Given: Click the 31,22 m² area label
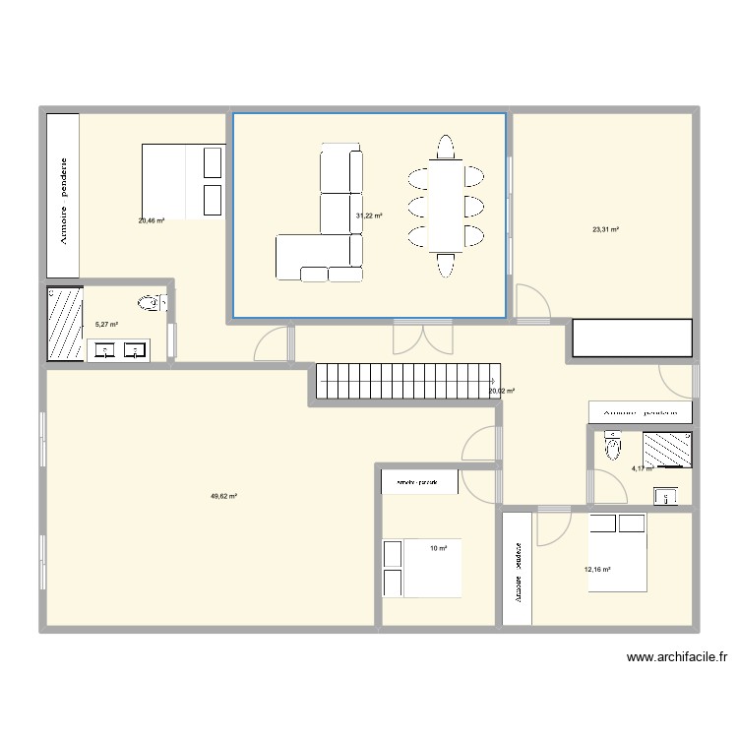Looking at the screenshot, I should point(368,215).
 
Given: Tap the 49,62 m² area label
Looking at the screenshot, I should point(223,497).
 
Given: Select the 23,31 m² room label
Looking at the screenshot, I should point(605,230).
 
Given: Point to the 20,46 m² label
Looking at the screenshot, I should point(152,221).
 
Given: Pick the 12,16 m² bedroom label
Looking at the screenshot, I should point(598,569).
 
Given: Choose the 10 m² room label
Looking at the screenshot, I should point(438,548).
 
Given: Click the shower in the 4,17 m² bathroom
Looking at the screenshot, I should point(668,449).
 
